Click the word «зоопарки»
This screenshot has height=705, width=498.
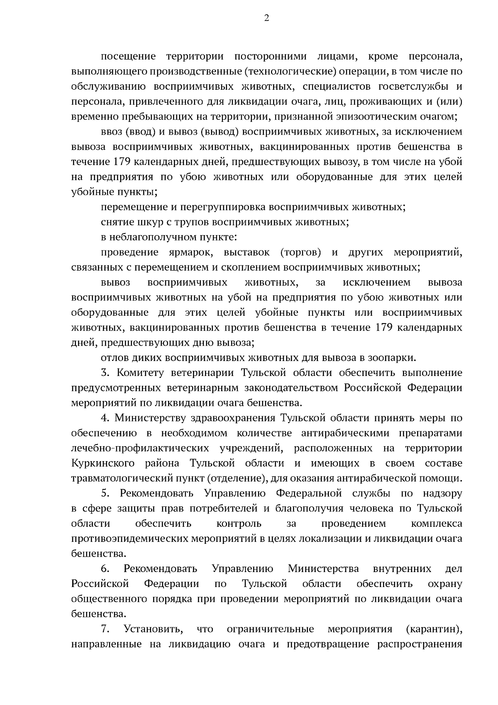(x=395, y=358)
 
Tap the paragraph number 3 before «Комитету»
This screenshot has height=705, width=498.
(x=104, y=373)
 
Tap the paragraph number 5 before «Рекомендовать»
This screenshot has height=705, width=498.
(x=105, y=493)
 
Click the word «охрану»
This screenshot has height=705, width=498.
(x=445, y=584)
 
